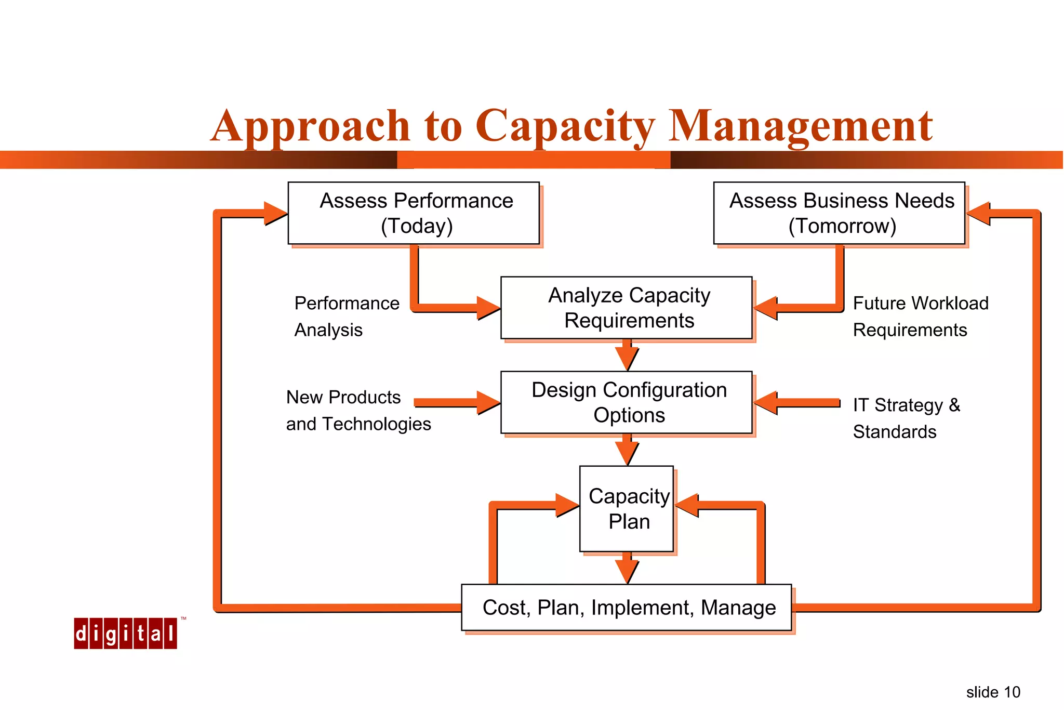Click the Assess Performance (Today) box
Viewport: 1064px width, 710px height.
(x=414, y=213)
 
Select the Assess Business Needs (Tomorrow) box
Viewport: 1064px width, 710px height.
(x=839, y=213)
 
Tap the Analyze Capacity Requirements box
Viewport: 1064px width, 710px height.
(x=626, y=308)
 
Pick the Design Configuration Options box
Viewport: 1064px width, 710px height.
(x=626, y=402)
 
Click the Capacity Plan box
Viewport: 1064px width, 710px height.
(x=627, y=508)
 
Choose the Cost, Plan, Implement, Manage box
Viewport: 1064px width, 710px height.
(x=627, y=607)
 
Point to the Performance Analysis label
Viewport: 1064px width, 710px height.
(x=347, y=316)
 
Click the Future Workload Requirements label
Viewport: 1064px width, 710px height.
(x=920, y=316)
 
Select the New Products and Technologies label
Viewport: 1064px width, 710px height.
(x=358, y=410)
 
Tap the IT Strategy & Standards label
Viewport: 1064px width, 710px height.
(x=906, y=418)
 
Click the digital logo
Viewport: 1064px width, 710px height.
(x=125, y=633)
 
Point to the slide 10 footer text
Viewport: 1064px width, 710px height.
(x=993, y=692)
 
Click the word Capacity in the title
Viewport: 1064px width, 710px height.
(x=565, y=126)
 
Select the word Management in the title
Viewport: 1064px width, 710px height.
(x=800, y=126)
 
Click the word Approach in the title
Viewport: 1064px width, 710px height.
(x=311, y=126)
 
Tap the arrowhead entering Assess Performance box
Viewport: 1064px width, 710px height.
(x=275, y=213)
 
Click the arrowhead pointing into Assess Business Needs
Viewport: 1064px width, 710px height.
(x=978, y=213)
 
